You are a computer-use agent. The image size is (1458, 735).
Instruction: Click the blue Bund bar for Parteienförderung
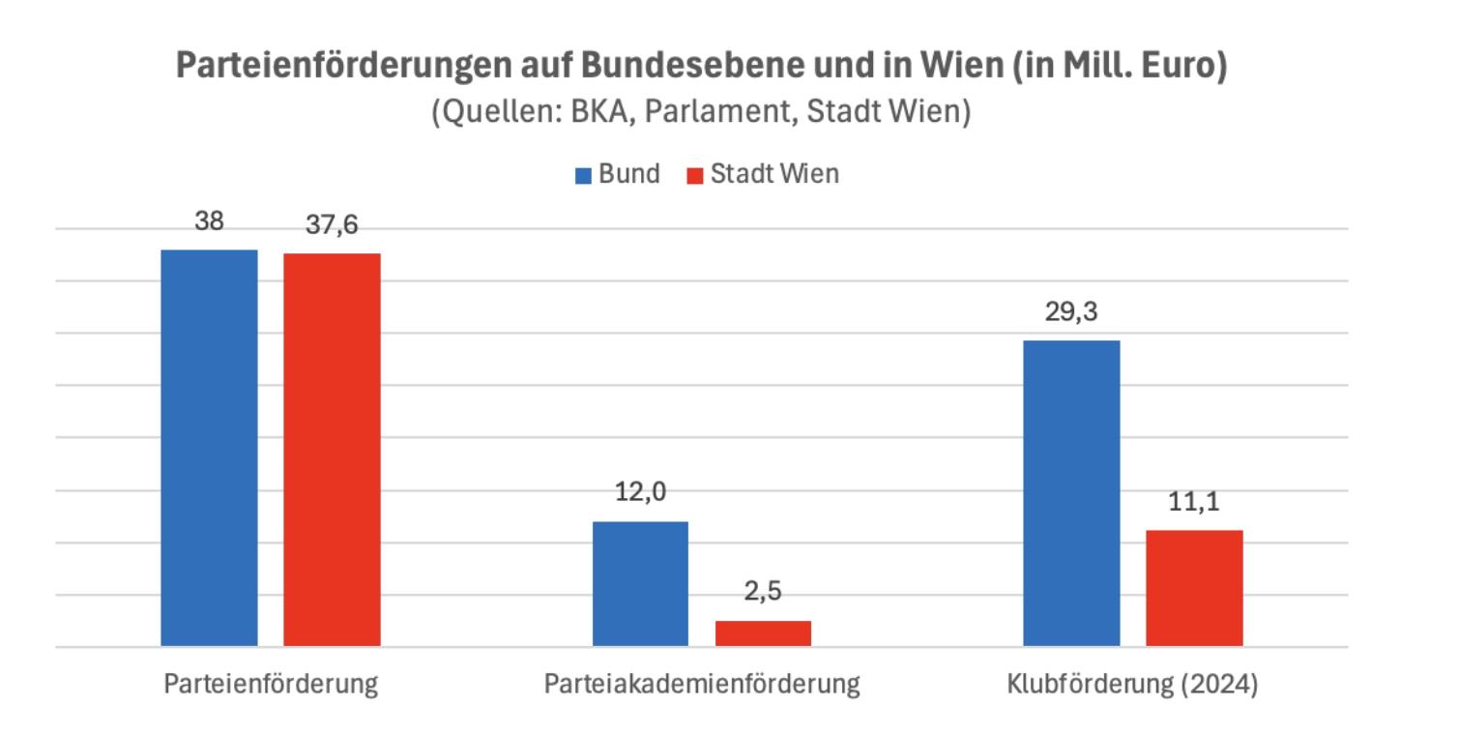[209, 448]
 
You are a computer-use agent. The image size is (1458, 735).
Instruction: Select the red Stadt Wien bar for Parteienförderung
[332, 450]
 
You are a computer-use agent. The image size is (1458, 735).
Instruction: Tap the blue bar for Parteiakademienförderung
[640, 584]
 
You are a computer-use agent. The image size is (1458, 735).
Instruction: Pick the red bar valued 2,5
[763, 633]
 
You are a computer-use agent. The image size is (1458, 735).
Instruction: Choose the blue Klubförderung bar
[1071, 493]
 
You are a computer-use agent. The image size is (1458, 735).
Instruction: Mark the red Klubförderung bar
[1194, 588]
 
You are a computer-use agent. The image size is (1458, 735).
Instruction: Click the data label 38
[209, 221]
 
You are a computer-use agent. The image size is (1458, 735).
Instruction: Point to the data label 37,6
[332, 224]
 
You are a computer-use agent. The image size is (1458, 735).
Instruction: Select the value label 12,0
[640, 492]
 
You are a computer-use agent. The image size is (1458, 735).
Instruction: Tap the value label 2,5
[763, 592]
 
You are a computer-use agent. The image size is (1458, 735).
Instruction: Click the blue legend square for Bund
[583, 175]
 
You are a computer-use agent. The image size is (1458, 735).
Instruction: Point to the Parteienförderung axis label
[271, 685]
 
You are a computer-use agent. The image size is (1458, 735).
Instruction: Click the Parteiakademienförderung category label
[702, 685]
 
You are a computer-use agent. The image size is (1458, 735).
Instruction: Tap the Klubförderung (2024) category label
[1132, 685]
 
